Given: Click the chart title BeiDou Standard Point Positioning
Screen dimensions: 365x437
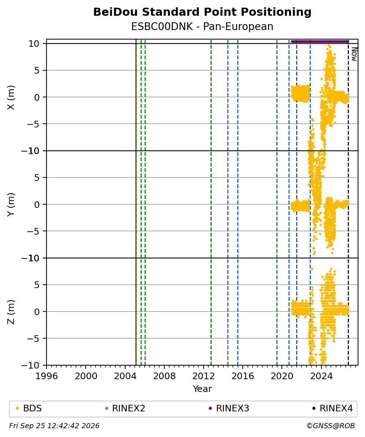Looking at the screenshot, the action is click(x=202, y=12).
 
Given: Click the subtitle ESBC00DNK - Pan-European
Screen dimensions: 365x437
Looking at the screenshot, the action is click(x=202, y=27).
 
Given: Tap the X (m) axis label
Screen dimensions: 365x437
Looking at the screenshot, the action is click(x=11, y=97).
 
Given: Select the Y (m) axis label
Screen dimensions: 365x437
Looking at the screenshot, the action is click(x=11, y=205).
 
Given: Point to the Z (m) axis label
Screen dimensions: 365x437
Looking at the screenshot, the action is click(x=11, y=312).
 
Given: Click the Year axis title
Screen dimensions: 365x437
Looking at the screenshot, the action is click(x=202, y=389).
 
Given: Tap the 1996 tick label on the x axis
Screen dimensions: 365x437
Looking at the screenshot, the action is click(x=46, y=376).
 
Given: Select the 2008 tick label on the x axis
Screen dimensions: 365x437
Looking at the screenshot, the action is click(x=164, y=376).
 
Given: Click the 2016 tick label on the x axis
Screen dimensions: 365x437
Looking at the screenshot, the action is click(x=243, y=376).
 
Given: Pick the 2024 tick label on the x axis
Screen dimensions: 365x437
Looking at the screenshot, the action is click(x=321, y=376).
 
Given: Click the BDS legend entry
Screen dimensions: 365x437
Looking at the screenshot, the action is click(x=29, y=408).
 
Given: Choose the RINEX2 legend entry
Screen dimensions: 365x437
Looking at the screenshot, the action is click(x=125, y=408).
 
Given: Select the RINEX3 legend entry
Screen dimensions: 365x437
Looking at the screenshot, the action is click(x=229, y=408).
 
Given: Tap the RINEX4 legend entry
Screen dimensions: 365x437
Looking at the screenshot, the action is click(x=333, y=408).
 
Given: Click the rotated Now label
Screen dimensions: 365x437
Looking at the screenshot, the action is click(x=354, y=54).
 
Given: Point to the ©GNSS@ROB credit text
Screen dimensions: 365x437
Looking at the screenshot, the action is click(x=331, y=426).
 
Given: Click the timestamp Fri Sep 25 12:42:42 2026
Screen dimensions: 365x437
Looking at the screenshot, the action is click(x=55, y=426).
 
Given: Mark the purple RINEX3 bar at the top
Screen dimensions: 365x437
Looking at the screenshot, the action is click(x=320, y=41).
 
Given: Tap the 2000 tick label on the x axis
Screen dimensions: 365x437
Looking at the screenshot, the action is click(x=86, y=376).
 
